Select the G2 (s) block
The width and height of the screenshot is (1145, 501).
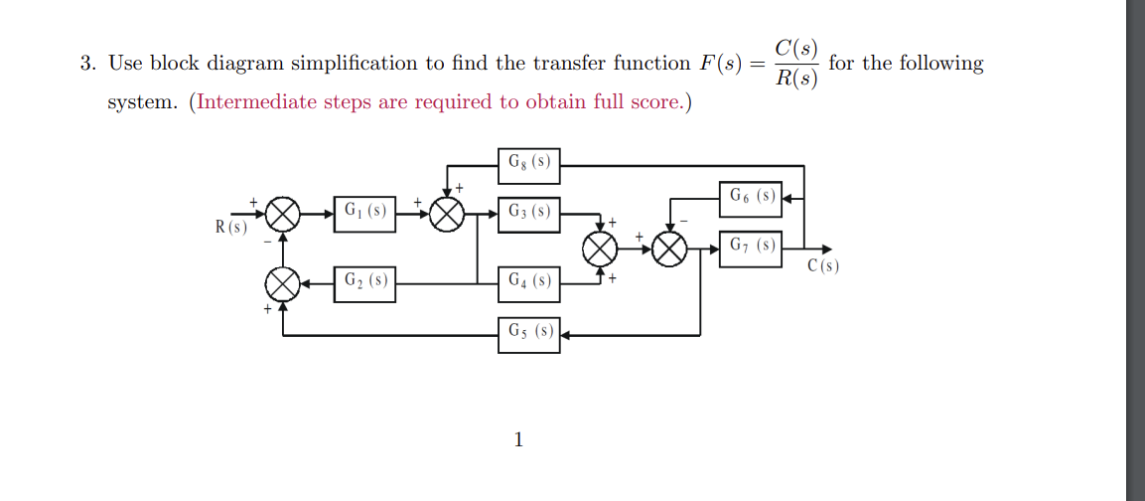(364, 282)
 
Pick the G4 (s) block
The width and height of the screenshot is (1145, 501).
(528, 282)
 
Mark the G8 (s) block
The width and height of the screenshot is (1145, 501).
(528, 164)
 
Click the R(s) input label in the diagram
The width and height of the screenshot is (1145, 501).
(231, 228)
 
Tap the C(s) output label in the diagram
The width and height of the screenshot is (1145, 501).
(823, 265)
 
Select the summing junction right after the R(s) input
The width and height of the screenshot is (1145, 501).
(284, 214)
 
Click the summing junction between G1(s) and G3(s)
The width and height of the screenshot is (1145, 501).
(447, 214)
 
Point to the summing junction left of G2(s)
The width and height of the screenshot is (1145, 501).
(284, 285)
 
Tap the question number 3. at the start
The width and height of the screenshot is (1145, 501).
(88, 64)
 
